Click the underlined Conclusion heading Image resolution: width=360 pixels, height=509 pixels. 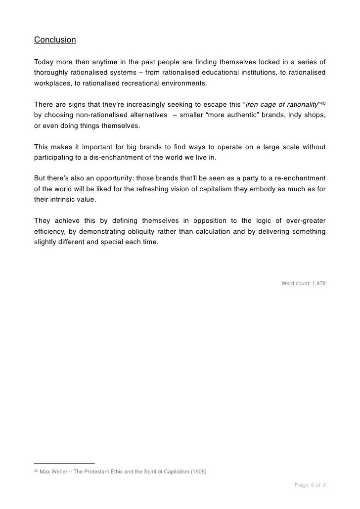click(55, 40)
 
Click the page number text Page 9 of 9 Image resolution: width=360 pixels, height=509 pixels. click(310, 485)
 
